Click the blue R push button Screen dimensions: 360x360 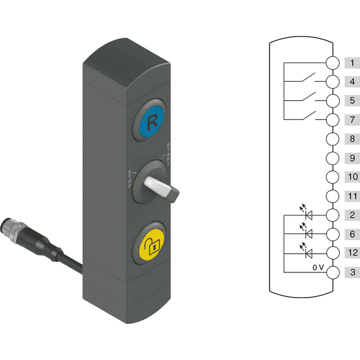tap(152, 121)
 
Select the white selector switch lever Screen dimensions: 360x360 tap(161, 189)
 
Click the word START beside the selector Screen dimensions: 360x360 tap(169, 154)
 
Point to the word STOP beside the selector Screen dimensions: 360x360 tap(130, 179)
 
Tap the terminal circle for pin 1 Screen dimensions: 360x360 tap(332, 62)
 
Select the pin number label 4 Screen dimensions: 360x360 tap(352, 82)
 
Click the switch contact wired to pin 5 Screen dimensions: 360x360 tap(308, 97)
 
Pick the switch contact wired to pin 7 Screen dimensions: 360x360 tap(308, 116)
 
